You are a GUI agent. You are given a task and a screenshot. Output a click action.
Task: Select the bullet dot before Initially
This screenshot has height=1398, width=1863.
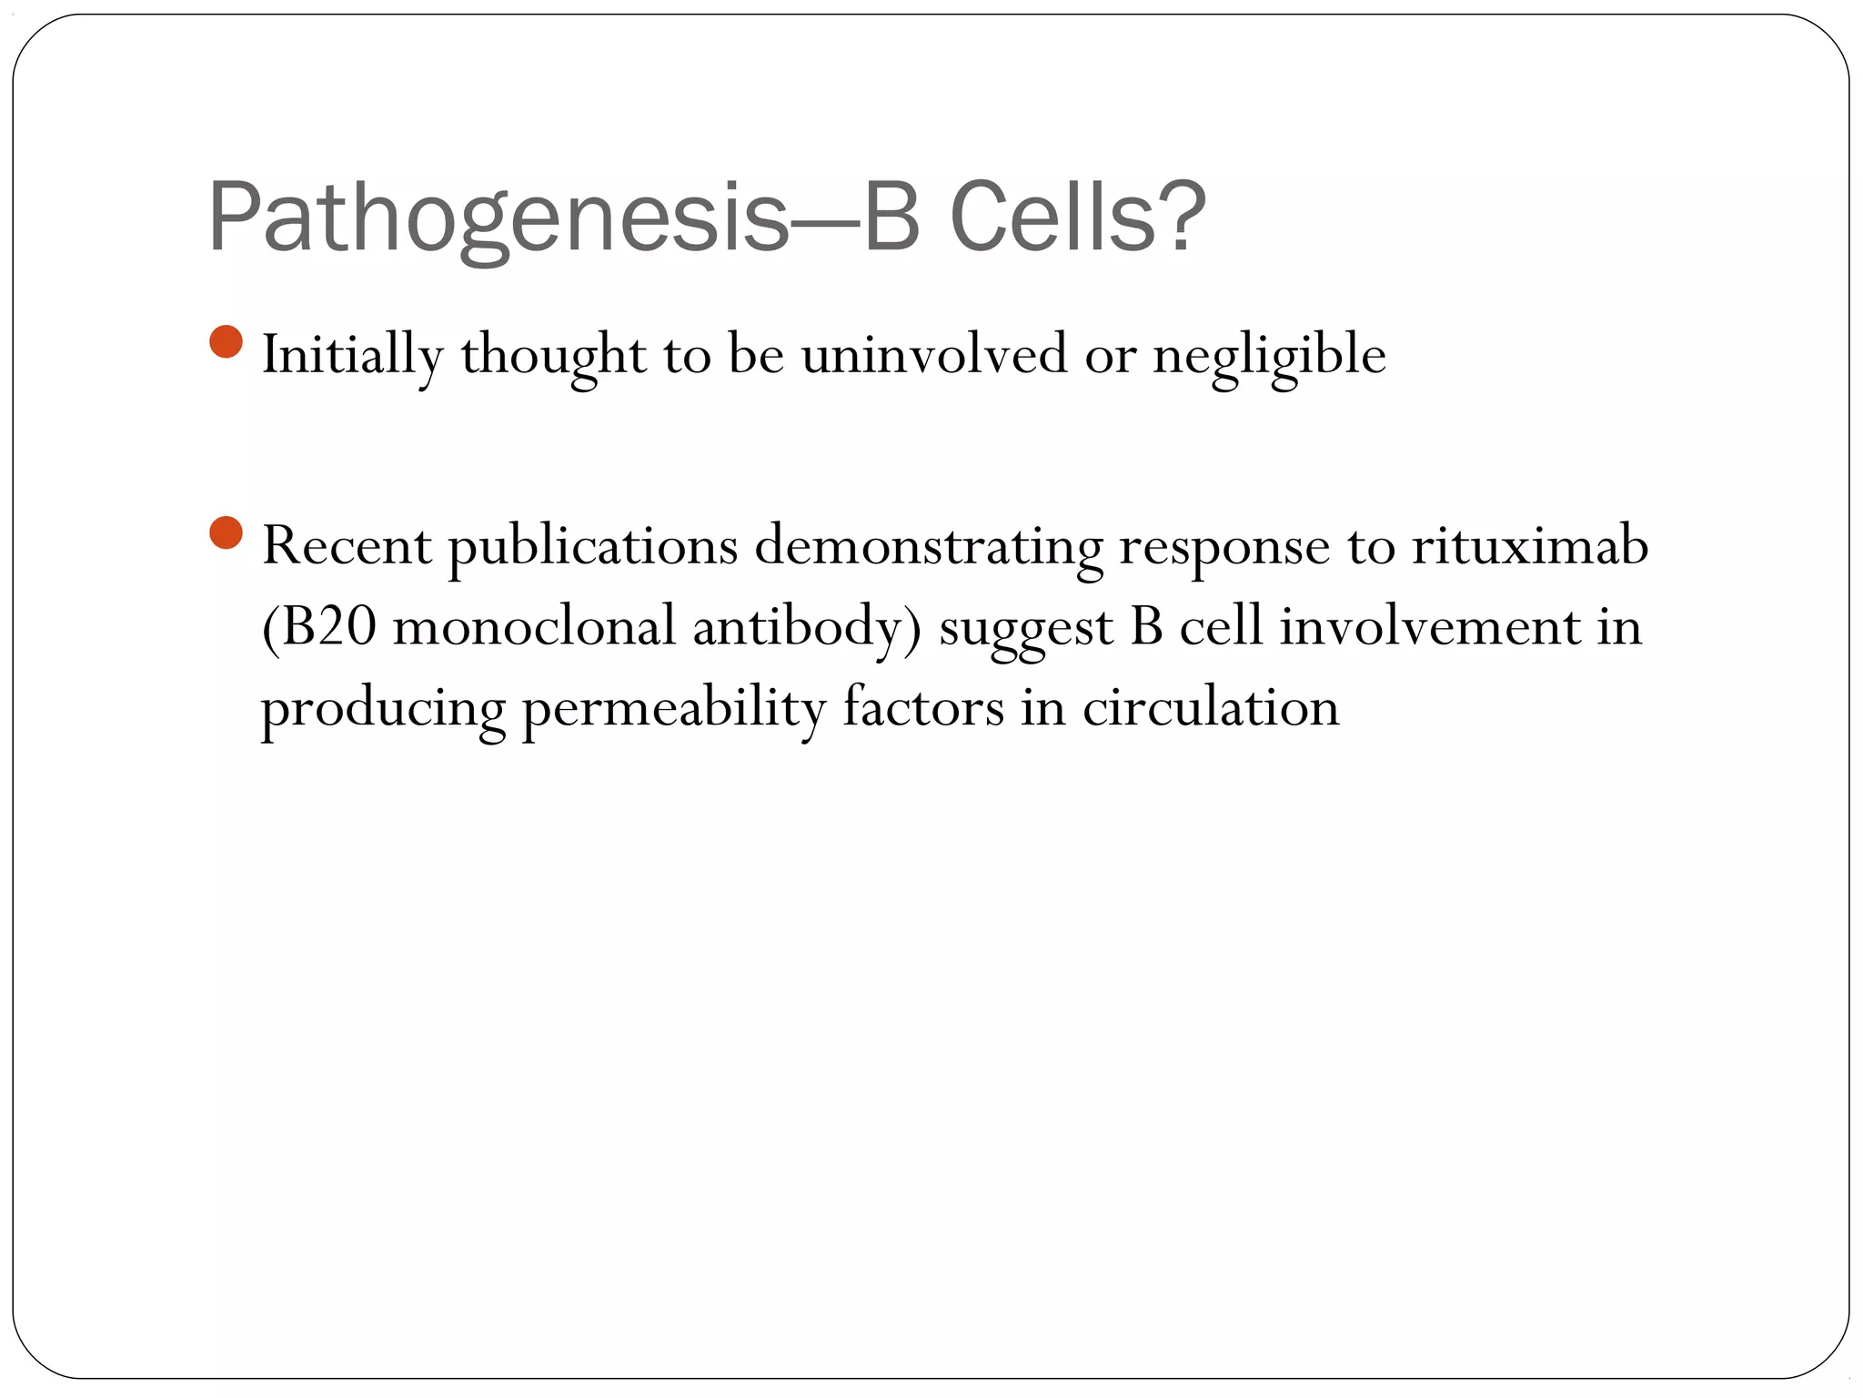(226, 342)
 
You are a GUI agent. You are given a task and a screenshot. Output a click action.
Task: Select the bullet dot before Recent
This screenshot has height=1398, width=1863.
(226, 533)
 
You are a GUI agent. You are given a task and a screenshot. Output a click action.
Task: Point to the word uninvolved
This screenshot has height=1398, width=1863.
(934, 354)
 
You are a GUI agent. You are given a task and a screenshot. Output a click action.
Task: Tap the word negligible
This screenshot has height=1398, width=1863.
(1269, 356)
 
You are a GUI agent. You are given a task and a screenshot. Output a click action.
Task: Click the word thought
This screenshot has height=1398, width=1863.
(553, 356)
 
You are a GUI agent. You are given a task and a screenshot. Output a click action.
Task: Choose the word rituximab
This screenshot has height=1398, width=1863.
(1530, 546)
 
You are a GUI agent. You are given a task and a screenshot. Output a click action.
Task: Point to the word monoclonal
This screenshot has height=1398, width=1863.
(534, 627)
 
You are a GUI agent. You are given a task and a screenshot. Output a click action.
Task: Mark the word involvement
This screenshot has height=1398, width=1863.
(1430, 627)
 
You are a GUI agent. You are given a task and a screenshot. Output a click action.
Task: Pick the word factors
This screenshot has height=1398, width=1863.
(922, 708)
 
